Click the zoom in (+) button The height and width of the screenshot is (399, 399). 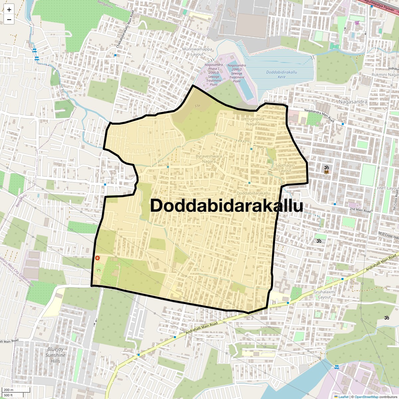tap(9, 10)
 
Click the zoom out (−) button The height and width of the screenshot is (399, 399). tap(9, 20)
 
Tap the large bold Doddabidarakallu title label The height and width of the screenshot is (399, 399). tap(226, 205)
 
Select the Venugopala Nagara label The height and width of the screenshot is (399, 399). tap(253, 121)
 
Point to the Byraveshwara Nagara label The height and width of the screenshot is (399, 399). tap(209, 159)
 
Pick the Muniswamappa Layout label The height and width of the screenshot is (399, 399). tap(197, 52)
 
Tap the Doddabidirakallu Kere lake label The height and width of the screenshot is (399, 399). tap(282, 74)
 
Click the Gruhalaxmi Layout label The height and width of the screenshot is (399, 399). tap(325, 295)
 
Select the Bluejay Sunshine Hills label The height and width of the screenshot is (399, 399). tap(56, 355)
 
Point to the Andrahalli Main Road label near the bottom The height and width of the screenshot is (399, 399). tap(201, 328)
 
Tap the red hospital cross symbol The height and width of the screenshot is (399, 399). tap(97, 258)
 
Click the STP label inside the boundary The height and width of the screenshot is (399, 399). tap(198, 106)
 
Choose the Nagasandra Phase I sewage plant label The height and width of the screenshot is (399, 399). tap(214, 75)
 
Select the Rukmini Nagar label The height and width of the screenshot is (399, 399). tap(385, 75)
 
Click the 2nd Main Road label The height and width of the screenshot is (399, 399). tap(360, 210)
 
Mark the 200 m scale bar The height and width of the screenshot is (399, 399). tap(9, 390)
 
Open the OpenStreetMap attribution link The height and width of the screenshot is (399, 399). tap(366, 397)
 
